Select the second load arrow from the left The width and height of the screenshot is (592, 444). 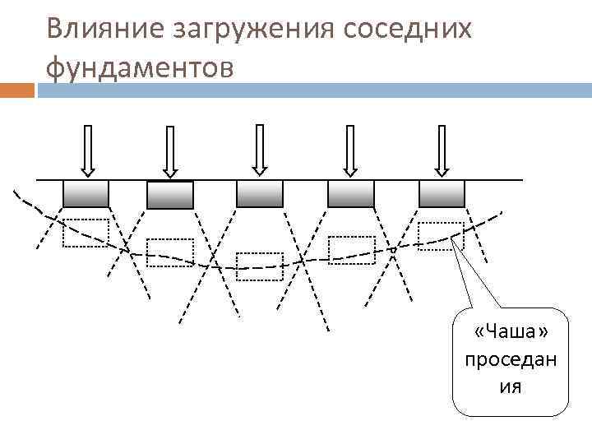click(x=170, y=151)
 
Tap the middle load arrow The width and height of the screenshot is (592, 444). click(x=260, y=150)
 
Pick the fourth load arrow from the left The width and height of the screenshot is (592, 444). click(x=350, y=151)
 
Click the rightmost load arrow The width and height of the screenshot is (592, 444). click(x=442, y=151)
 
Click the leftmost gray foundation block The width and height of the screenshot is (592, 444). click(x=86, y=194)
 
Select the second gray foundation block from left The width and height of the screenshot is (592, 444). click(x=170, y=195)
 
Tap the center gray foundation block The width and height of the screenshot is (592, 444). click(x=260, y=194)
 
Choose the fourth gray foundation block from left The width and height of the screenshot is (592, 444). click(x=351, y=194)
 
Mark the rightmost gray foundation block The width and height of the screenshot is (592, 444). click(x=442, y=194)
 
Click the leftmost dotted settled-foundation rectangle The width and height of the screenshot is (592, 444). click(x=86, y=233)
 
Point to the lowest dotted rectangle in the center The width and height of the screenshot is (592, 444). click(x=259, y=266)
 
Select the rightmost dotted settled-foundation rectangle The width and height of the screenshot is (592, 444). click(x=441, y=236)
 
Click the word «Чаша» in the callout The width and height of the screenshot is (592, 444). click(x=511, y=331)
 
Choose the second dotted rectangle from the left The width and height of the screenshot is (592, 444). click(x=170, y=252)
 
